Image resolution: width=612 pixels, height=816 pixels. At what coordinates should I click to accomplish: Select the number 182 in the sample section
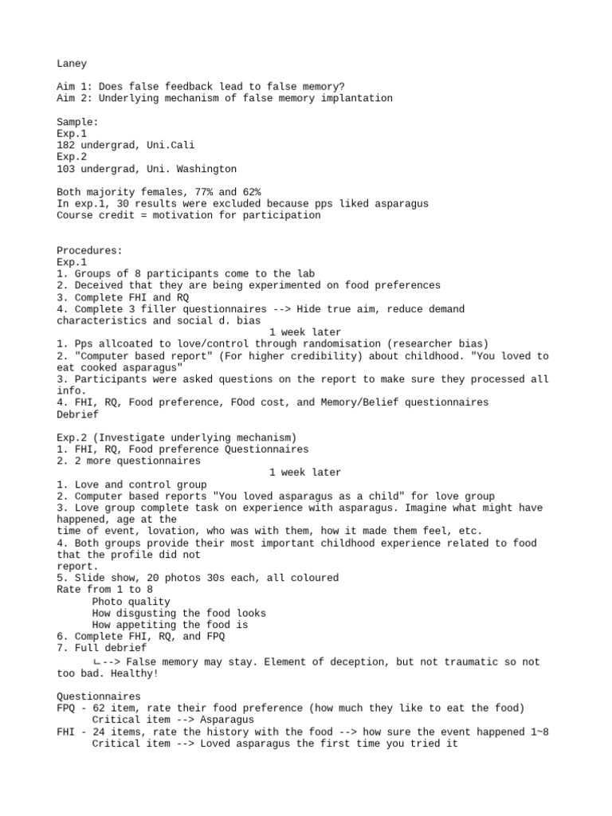pyautogui.click(x=65, y=145)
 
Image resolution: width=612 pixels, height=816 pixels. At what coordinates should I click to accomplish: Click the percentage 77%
pyautogui.click(x=207, y=192)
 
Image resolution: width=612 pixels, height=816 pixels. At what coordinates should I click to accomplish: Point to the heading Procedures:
pyautogui.click(x=89, y=250)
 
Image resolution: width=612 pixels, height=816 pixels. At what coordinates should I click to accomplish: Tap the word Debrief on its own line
pyautogui.click(x=77, y=414)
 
